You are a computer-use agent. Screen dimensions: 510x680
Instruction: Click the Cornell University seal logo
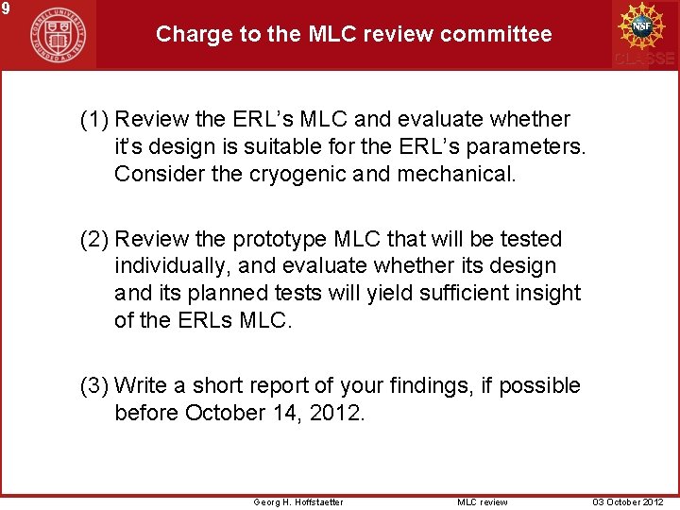(56, 35)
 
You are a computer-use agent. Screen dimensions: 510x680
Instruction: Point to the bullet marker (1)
(94, 120)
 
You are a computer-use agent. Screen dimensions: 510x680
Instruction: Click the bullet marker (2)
(94, 239)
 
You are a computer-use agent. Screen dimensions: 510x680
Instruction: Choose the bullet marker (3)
(94, 385)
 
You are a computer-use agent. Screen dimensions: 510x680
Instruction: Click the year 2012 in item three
(335, 413)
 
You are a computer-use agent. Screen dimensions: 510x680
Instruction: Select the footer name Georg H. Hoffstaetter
(298, 501)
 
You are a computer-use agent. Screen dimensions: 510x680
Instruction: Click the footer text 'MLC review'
(482, 501)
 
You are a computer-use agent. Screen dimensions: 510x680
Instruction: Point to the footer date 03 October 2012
(628, 501)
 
